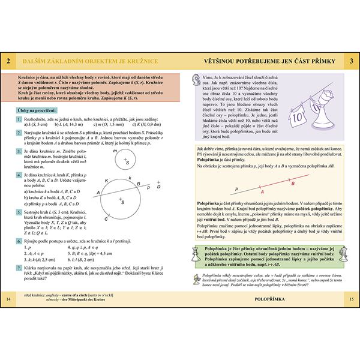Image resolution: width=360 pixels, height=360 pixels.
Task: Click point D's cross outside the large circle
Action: (158, 188)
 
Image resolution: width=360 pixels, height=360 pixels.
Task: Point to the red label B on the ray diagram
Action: (293, 183)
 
